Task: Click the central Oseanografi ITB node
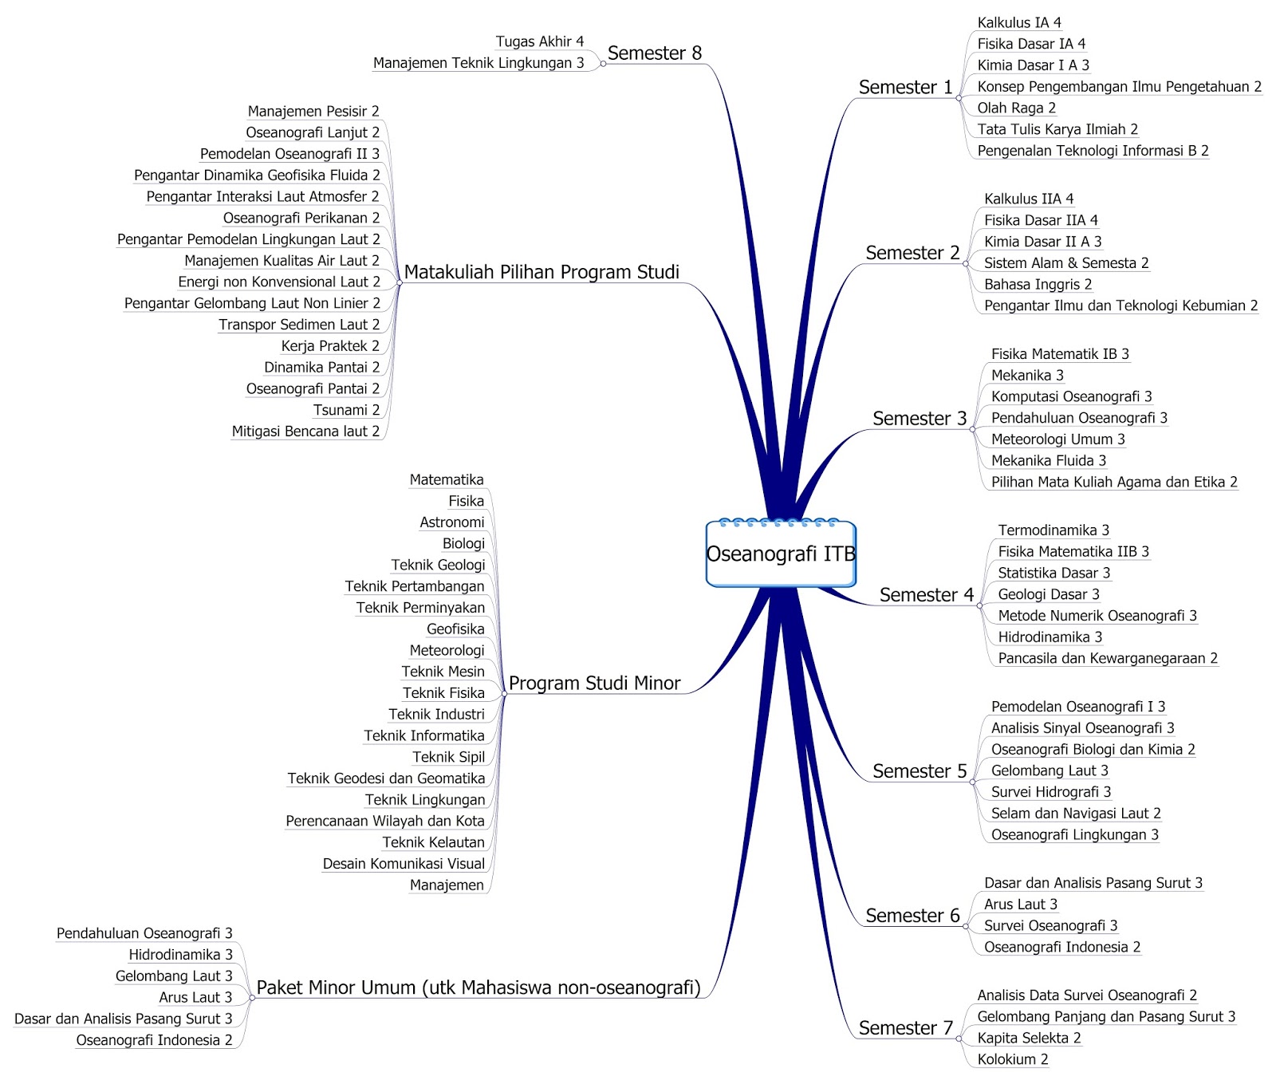[781, 554]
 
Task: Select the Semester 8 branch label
[654, 53]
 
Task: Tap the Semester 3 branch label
[919, 419]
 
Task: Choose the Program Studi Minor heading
[594, 684]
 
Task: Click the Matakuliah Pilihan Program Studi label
[542, 272]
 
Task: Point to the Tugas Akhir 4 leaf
[539, 41]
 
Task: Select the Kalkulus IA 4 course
[1018, 23]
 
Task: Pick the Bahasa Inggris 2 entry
[1038, 285]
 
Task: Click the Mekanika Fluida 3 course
[1048, 461]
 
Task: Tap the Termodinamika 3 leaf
[1053, 530]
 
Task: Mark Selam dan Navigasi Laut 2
[1075, 814]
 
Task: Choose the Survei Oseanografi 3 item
[1050, 926]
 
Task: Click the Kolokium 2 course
[1012, 1060]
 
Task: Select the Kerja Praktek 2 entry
[330, 346]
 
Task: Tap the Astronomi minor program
[451, 522]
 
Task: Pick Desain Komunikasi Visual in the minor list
[404, 864]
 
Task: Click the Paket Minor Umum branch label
[478, 988]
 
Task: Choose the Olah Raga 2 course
[1016, 108]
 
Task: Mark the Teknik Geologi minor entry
[438, 566]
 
